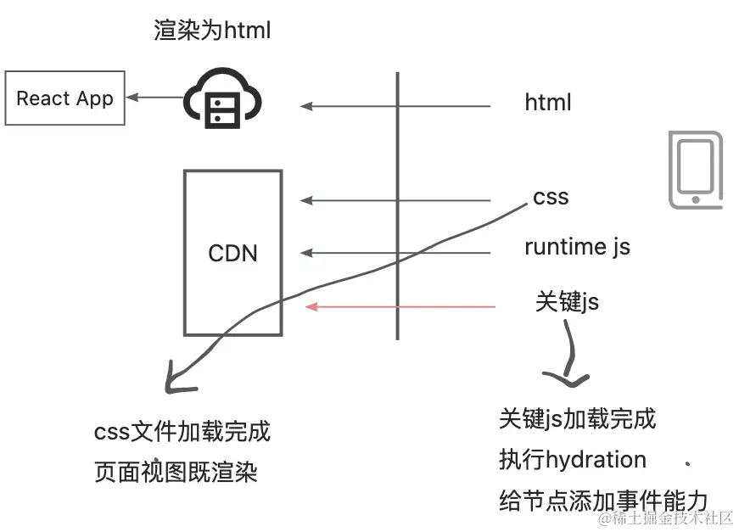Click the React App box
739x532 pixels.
coord(64,98)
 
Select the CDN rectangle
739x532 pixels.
coord(232,252)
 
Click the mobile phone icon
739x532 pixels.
coord(695,170)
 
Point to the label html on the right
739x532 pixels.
coord(547,104)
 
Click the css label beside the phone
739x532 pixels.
coord(551,198)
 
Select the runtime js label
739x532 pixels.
coord(577,247)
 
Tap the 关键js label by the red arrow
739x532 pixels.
coord(567,300)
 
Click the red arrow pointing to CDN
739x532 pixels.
coord(400,306)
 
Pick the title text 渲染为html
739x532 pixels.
coord(212,31)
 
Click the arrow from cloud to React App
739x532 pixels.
coord(154,98)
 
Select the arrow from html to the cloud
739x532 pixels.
coord(395,106)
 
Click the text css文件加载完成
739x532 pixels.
coord(182,432)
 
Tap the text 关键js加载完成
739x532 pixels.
coord(577,418)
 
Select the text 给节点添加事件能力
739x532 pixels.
coord(602,501)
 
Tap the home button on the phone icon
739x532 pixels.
coord(696,199)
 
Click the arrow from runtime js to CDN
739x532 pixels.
coord(395,253)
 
